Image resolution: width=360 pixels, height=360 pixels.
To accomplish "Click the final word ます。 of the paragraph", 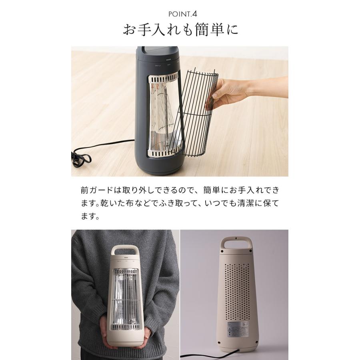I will [x=90, y=216].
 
